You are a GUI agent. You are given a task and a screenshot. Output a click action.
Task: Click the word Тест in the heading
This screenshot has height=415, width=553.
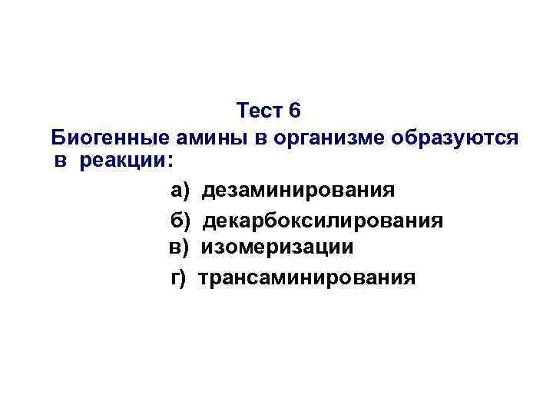261,111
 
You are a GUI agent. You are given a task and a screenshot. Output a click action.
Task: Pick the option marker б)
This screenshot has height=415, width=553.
180,221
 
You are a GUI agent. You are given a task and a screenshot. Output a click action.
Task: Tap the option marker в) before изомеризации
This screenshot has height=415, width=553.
179,247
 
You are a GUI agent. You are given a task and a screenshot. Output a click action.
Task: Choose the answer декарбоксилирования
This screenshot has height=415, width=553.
323,221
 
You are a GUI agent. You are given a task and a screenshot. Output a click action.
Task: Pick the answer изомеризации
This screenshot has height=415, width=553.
277,247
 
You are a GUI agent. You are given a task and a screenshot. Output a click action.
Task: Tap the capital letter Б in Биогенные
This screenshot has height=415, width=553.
58,139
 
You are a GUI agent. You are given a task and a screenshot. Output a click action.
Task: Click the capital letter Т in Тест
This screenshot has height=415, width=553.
243,111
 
